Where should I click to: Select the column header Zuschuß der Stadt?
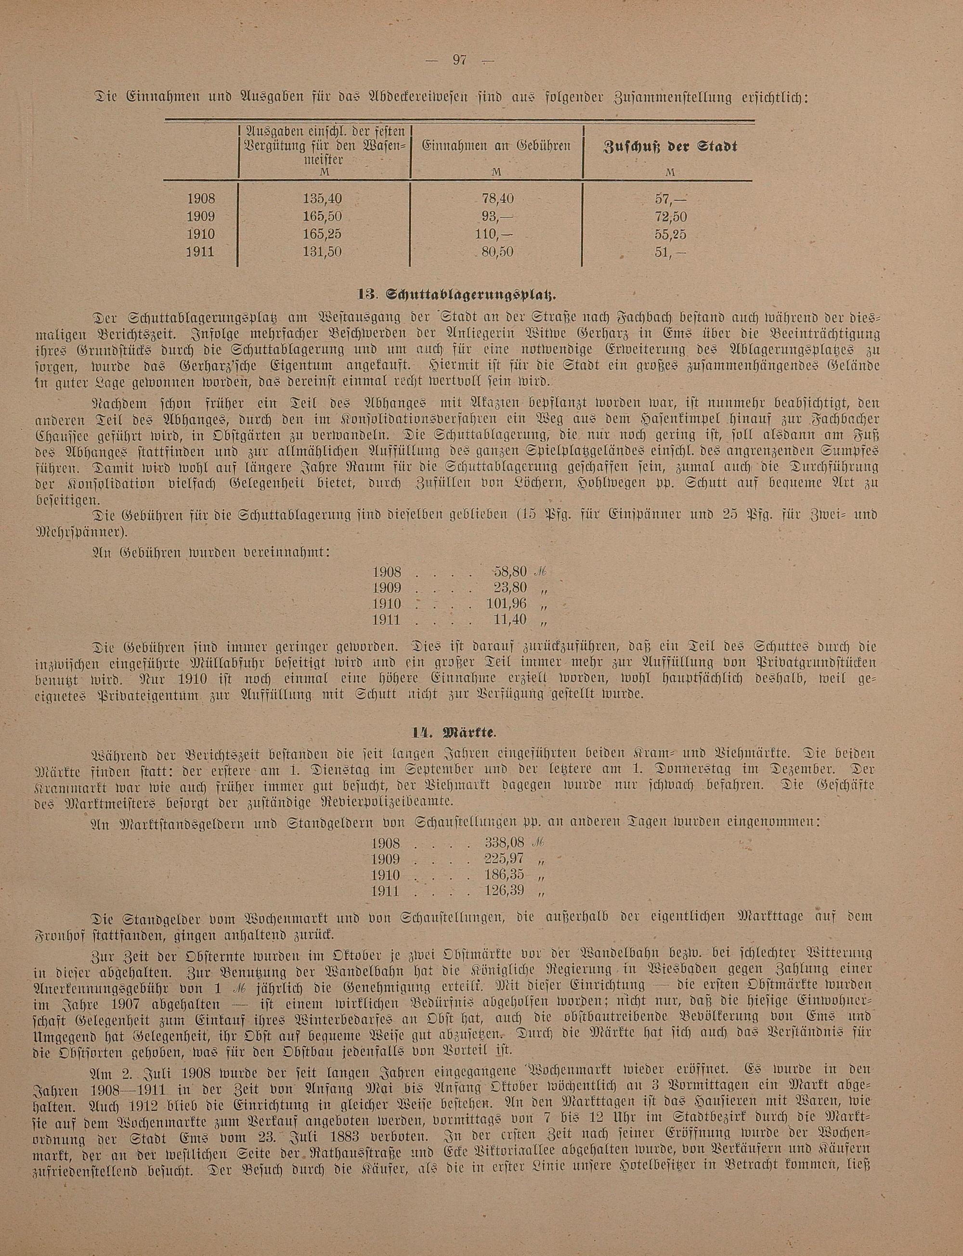(x=670, y=147)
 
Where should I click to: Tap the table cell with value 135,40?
(x=323, y=199)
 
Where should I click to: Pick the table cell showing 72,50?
(x=670, y=217)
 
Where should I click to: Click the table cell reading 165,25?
(x=323, y=234)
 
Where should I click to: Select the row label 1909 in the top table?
(x=201, y=217)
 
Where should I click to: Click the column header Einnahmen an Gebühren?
(x=496, y=147)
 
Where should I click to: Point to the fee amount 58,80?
(x=509, y=572)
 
